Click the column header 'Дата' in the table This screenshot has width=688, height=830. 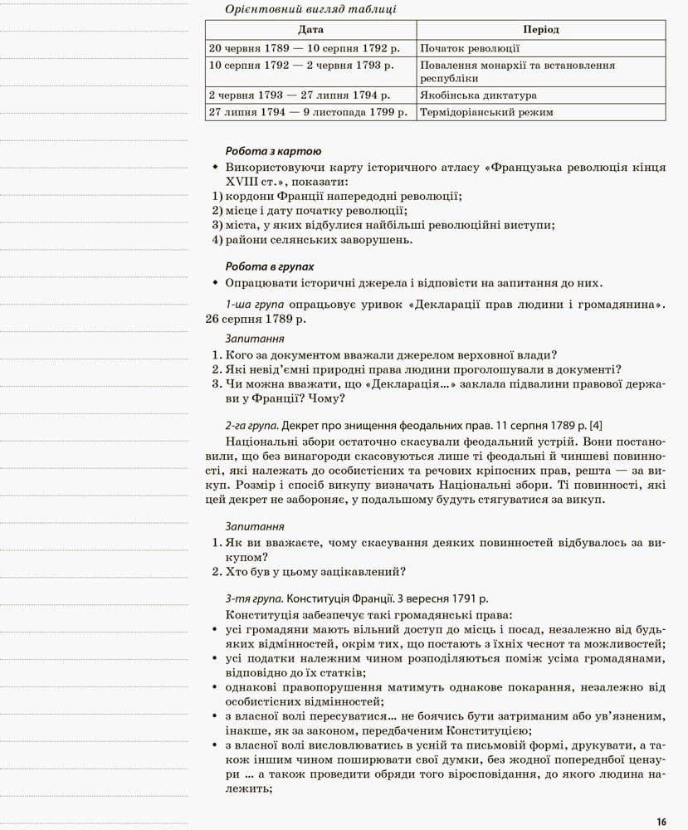coord(310,30)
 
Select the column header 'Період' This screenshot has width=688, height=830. coord(541,30)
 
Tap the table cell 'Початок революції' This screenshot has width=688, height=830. coord(470,49)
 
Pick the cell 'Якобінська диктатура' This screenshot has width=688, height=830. coord(478,95)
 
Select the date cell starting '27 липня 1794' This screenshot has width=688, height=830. coord(308,112)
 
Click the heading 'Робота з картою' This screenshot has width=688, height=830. coord(273,151)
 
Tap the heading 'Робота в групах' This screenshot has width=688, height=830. coord(270,266)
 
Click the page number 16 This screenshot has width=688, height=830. coord(661,822)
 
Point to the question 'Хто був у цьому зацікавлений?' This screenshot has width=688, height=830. coord(315,571)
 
